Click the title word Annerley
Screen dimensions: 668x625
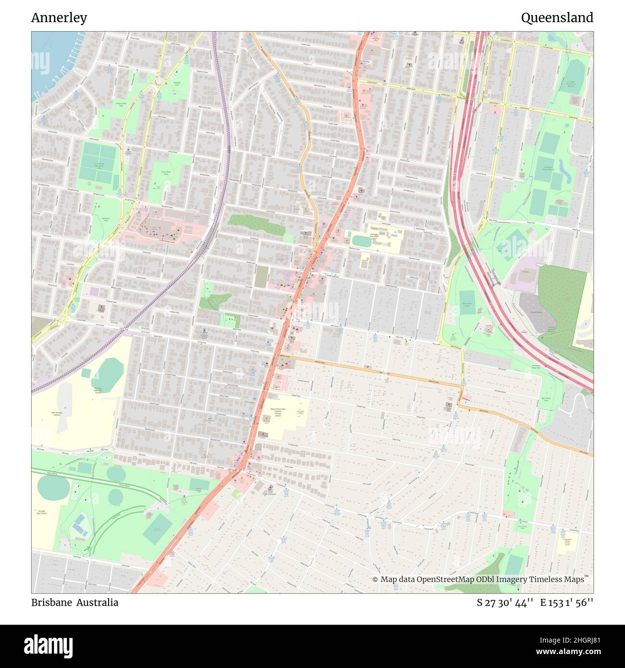pyautogui.click(x=59, y=18)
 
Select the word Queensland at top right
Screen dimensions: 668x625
pyautogui.click(x=557, y=18)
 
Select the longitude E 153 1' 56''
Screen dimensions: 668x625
pyautogui.click(x=566, y=602)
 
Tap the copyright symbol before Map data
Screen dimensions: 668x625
pyautogui.click(x=375, y=580)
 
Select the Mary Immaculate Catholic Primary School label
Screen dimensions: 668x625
pyautogui.click(x=278, y=412)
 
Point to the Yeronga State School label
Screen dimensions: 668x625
pyautogui.click(x=40, y=512)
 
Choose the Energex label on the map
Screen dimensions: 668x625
pyautogui.click(x=525, y=272)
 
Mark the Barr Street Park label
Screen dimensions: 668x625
pyautogui.click(x=546, y=399)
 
